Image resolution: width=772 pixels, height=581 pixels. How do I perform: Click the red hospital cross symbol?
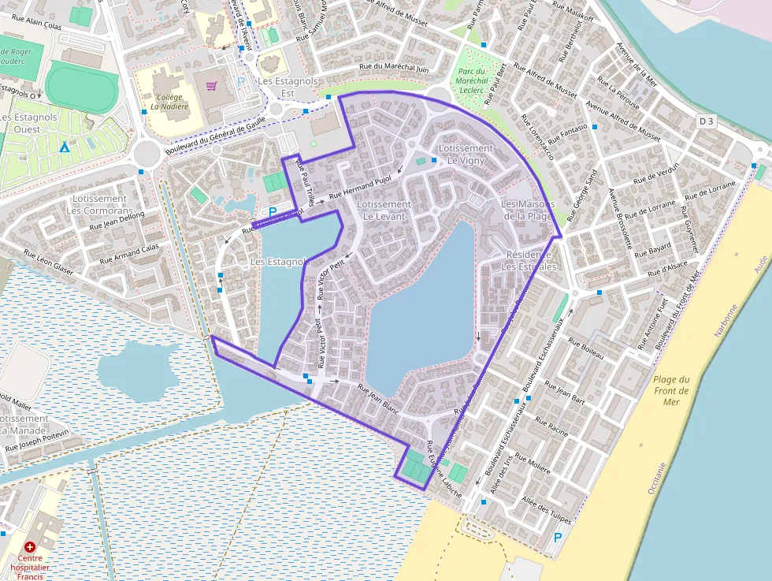coord(30,546)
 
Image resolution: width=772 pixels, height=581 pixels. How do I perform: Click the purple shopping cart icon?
coord(210,86)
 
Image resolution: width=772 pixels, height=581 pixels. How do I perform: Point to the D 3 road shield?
coord(706,121)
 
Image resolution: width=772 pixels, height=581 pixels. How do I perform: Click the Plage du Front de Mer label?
coord(670,390)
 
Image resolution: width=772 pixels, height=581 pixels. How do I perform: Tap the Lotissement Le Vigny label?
coord(466,154)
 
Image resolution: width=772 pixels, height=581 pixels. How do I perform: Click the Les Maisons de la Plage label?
coord(528,210)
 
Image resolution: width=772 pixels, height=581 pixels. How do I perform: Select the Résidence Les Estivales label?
coord(531,261)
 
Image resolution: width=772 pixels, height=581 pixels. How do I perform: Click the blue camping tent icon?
coord(65,147)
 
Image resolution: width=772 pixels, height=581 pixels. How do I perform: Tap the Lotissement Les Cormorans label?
coord(98,205)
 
